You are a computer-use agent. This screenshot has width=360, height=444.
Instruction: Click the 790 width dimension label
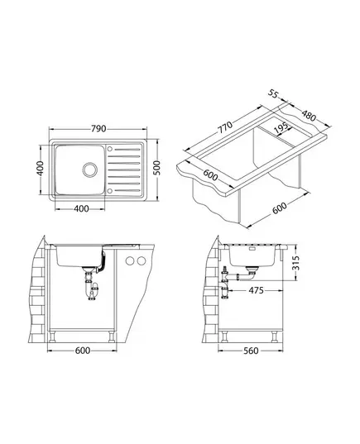98,128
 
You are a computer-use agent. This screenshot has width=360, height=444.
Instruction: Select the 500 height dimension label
157,168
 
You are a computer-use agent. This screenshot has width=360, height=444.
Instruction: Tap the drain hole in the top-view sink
90,169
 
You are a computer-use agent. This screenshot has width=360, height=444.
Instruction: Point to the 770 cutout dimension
225,127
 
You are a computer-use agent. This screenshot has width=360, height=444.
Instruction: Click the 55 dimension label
273,93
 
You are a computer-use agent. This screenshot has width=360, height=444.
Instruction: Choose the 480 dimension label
309,115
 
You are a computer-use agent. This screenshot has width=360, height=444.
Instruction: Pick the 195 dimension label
281,128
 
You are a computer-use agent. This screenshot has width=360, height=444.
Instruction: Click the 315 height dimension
295,263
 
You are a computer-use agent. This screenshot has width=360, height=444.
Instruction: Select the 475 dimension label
256,290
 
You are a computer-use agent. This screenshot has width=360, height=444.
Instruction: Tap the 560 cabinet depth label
251,351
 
